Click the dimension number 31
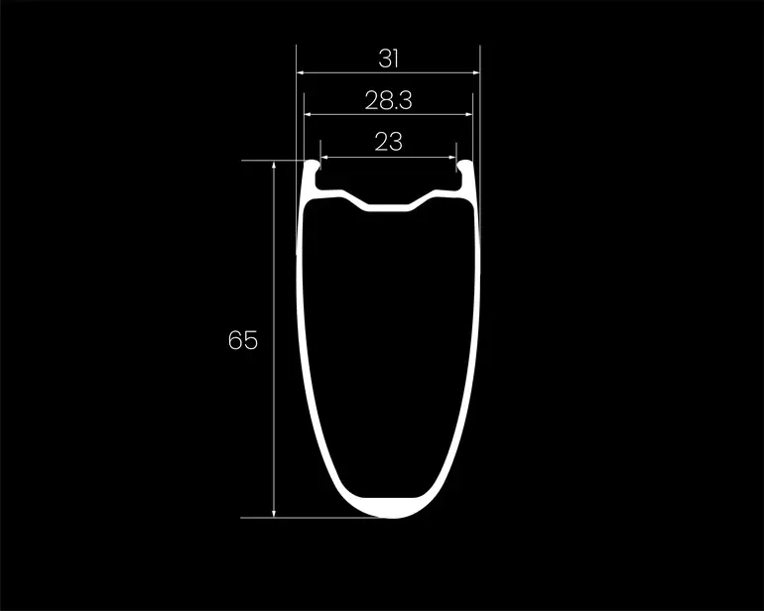coord(388,59)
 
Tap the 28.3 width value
coord(388,100)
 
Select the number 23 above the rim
coord(388,142)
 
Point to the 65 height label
coord(243,340)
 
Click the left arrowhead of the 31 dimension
coord(300,72)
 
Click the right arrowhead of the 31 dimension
coord(476,72)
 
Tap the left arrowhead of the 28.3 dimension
coord(308,114)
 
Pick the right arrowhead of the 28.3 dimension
coord(468,114)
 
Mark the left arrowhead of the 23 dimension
coord(324,158)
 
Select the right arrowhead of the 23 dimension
coord(452,158)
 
